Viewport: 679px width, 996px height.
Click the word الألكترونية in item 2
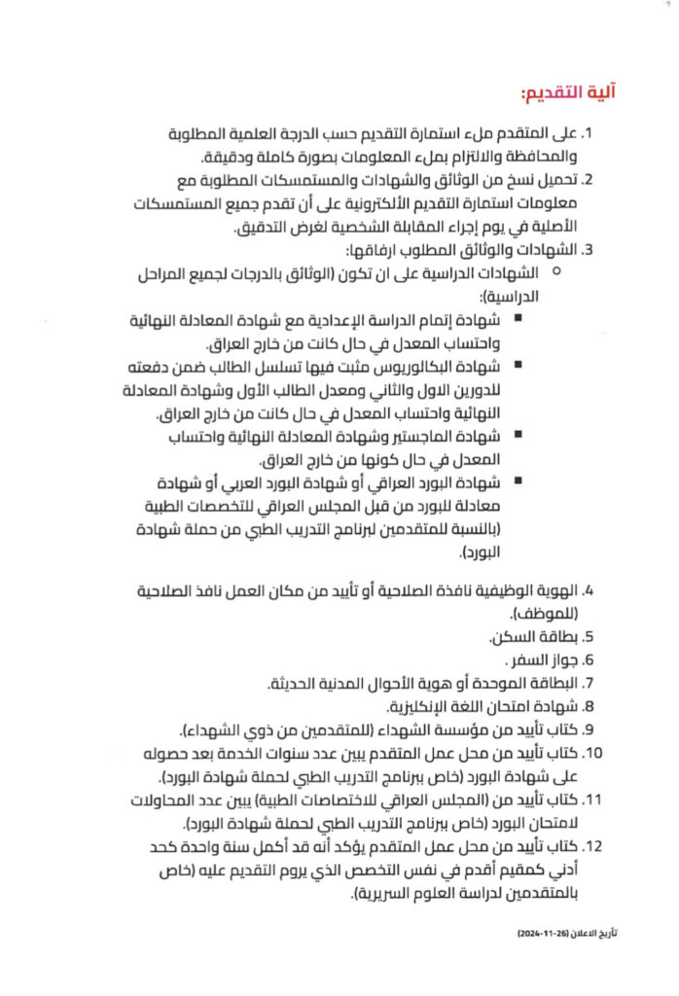tap(292, 203)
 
